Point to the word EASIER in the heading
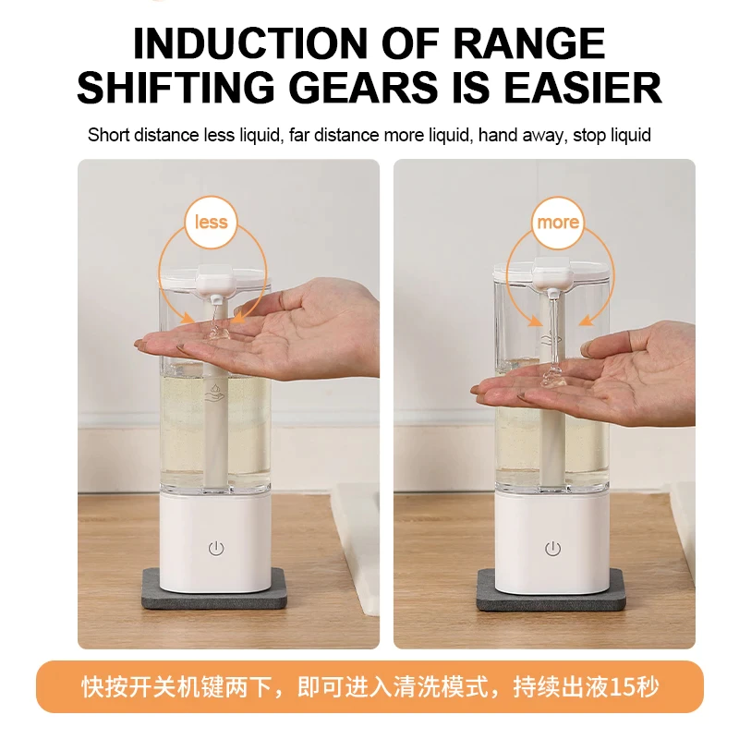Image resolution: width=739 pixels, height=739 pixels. point(583,88)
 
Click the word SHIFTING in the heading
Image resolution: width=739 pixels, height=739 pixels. point(176,88)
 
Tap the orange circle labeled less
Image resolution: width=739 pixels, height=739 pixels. point(212,222)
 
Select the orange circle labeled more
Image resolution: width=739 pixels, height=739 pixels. point(558,222)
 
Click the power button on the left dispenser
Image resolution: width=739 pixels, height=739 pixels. point(216,548)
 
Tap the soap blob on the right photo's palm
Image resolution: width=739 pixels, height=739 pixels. point(553,377)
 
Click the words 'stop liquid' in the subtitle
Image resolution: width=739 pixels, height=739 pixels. point(612,135)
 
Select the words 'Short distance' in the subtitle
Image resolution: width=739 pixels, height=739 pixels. point(143,135)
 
